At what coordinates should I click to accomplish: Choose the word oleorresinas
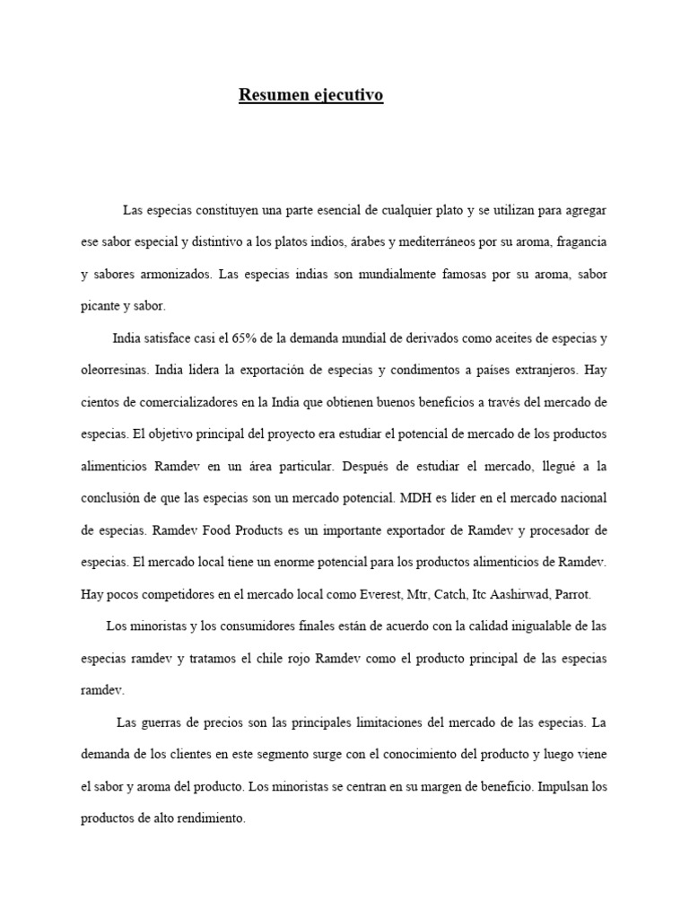click(114, 370)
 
